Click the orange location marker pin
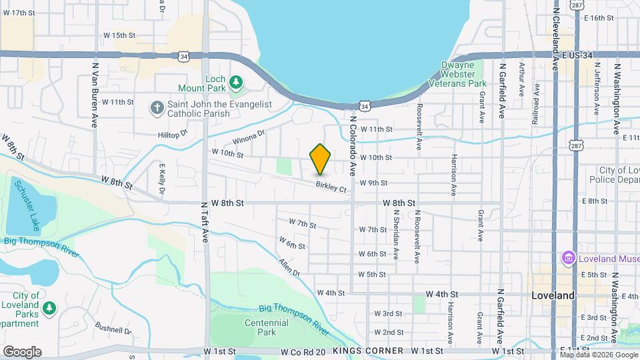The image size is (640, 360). click(x=320, y=159)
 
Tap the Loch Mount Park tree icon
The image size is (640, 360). click(x=235, y=82)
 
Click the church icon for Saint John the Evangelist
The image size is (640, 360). click(x=157, y=108)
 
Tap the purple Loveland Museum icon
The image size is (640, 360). click(x=569, y=258)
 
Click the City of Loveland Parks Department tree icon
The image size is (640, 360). click(x=49, y=309)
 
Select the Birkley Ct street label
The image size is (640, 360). click(x=331, y=188)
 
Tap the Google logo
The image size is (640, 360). click(x=22, y=351)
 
